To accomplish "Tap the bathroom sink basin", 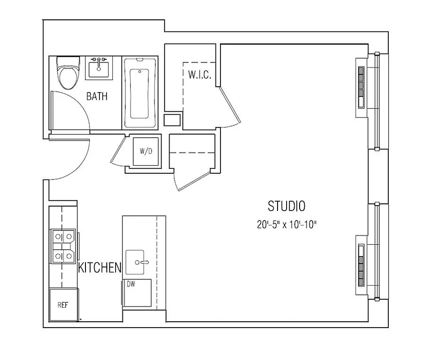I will tap(99, 69).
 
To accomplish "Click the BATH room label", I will tap(97, 96).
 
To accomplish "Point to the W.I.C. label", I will tap(197, 75).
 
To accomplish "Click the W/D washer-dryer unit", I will tap(146, 151).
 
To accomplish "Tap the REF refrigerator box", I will tap(63, 305).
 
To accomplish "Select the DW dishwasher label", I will tap(131, 284).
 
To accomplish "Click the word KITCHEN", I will tap(100, 268).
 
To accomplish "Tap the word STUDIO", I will tap(287, 206).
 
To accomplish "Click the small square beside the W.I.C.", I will tap(172, 120).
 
